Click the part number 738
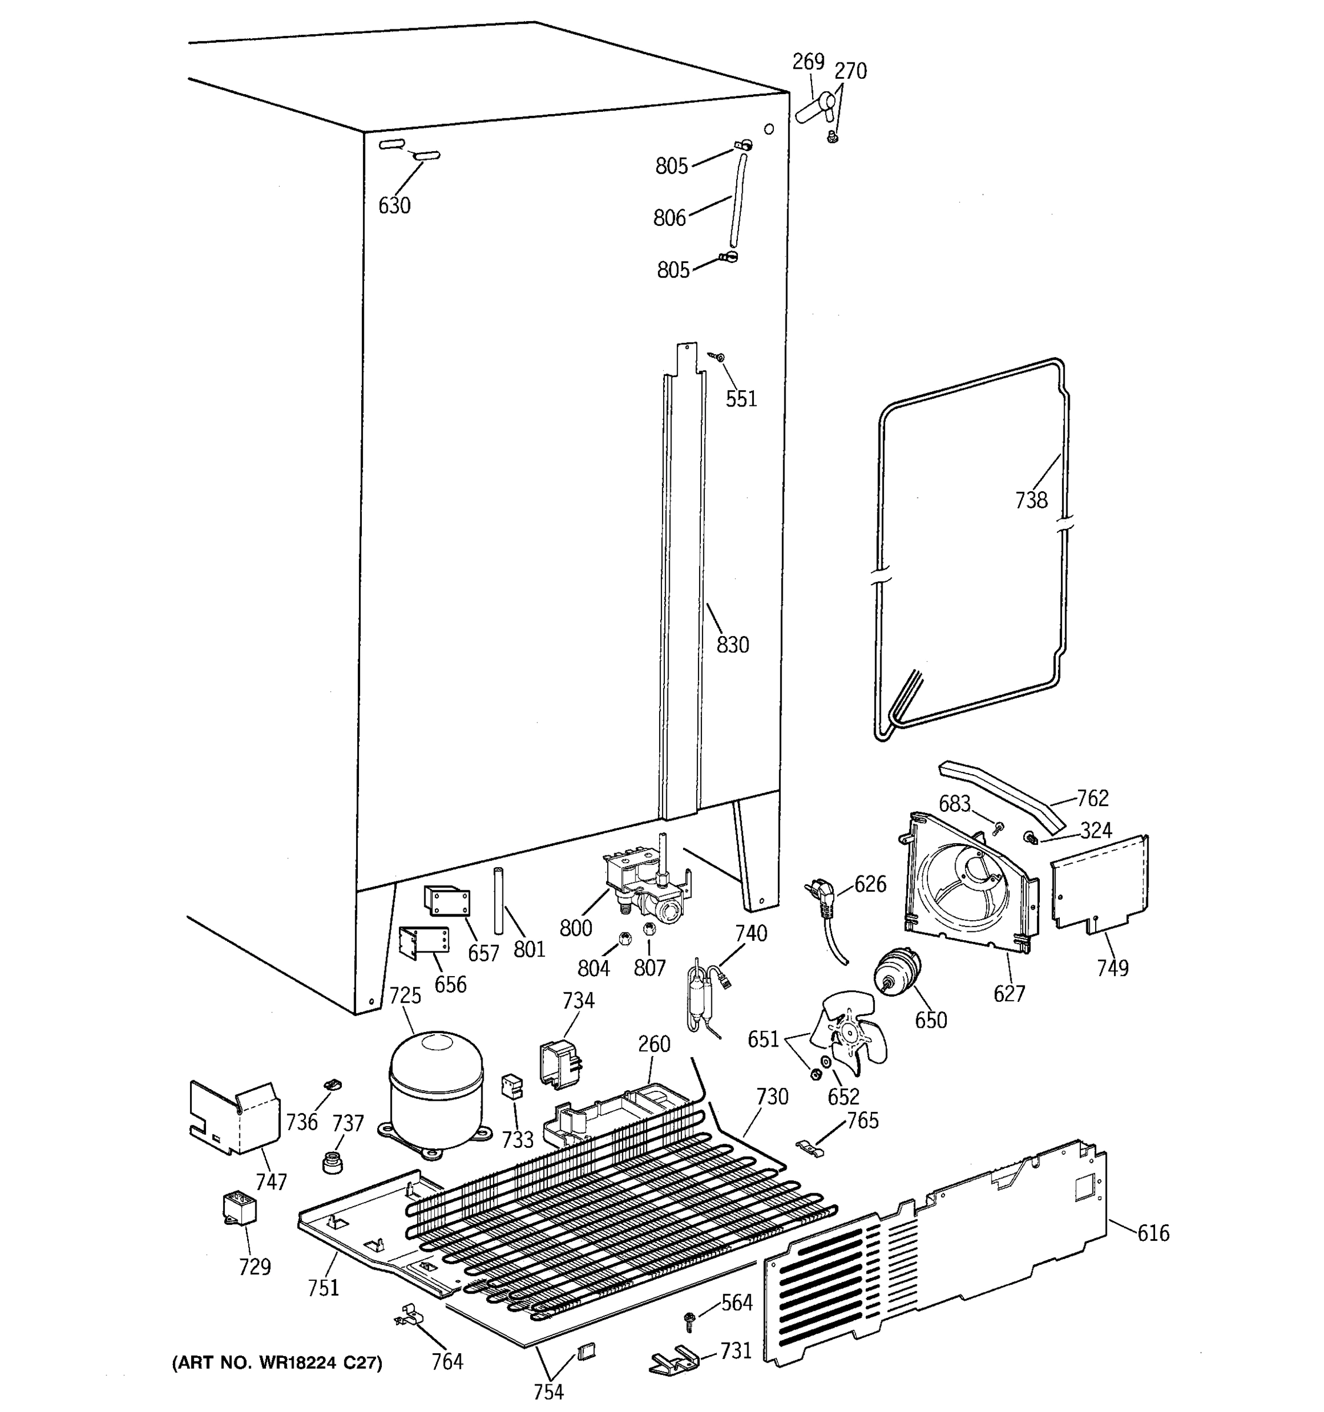point(1030,500)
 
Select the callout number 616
point(1153,1233)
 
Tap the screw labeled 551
point(717,357)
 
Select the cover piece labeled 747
point(234,1118)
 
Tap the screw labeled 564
point(689,1320)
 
